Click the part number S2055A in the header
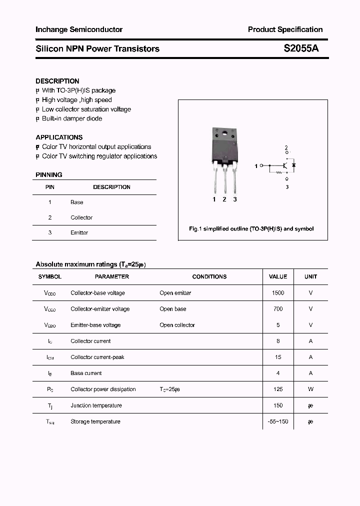tap(301, 48)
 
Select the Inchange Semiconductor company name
tap(79, 29)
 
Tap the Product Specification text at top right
tap(285, 29)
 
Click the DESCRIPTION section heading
tap(57, 81)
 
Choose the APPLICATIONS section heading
tap(59, 137)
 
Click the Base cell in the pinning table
tap(77, 202)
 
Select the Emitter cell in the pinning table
tap(79, 233)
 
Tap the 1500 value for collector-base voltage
tap(278, 293)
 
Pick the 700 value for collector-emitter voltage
tap(278, 309)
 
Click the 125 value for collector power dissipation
tap(278, 389)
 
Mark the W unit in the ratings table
tap(310, 389)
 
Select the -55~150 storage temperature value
tap(278, 421)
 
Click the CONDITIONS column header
tap(209, 276)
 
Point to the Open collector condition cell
tap(177, 325)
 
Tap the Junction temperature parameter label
tap(96, 405)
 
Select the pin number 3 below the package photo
tap(235, 199)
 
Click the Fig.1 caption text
tap(251, 228)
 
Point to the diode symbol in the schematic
tap(293, 164)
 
